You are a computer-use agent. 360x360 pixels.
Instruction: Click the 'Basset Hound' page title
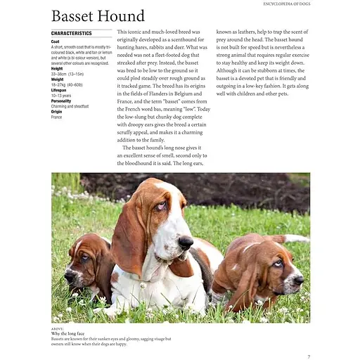click(98, 16)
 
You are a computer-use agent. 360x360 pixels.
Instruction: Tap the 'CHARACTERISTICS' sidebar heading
click(71, 33)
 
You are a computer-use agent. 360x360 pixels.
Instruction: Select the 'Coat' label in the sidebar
click(56, 41)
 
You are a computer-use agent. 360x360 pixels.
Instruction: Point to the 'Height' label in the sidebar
click(57, 68)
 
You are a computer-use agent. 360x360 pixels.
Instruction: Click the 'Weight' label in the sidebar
click(57, 79)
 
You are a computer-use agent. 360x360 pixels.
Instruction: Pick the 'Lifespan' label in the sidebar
click(59, 90)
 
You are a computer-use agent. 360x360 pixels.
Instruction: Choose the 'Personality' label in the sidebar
click(61, 101)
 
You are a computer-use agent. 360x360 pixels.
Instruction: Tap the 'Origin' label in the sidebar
click(56, 112)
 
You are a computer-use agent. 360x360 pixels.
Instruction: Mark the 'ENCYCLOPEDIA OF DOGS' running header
click(281, 4)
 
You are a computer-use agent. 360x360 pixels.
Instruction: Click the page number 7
click(309, 356)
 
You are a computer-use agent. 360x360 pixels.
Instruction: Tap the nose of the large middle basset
click(186, 243)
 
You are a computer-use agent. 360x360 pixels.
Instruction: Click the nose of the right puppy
click(299, 279)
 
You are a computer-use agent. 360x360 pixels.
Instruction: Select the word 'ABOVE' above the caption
click(58, 327)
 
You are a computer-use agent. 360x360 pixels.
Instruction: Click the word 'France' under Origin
click(56, 117)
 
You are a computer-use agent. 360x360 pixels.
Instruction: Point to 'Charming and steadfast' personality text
click(70, 106)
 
